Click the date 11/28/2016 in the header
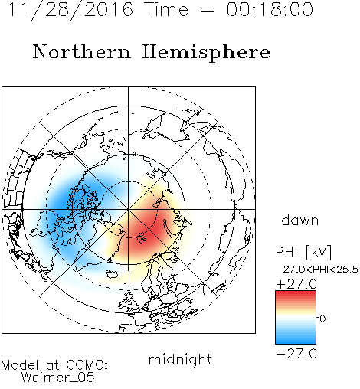[70, 10]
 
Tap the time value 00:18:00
[270, 9]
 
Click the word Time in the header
[166, 9]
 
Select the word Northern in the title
[81, 51]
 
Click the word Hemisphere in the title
[206, 53]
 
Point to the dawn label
[300, 220]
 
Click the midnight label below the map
[180, 360]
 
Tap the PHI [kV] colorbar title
[303, 252]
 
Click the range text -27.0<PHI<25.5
[317, 270]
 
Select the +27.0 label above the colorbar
[296, 284]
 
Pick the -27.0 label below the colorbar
[296, 354]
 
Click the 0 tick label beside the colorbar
[322, 319]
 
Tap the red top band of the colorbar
[296, 294]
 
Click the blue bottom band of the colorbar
[296, 340]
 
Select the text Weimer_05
[57, 378]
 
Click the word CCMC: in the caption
[87, 365]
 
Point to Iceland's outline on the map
[112, 274]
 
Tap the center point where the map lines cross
[129, 209]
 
